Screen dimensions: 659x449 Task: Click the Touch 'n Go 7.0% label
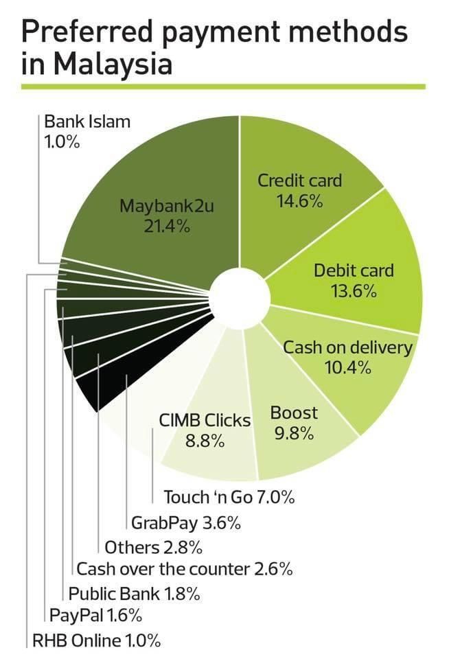(229, 496)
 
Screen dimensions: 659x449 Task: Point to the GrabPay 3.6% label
(185, 523)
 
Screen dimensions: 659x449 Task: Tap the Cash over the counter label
(185, 568)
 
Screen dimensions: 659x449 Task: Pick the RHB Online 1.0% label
(97, 640)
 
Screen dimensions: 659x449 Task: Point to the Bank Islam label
(87, 122)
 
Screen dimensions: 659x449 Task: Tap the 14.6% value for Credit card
(300, 202)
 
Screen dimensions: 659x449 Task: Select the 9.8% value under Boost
(294, 434)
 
